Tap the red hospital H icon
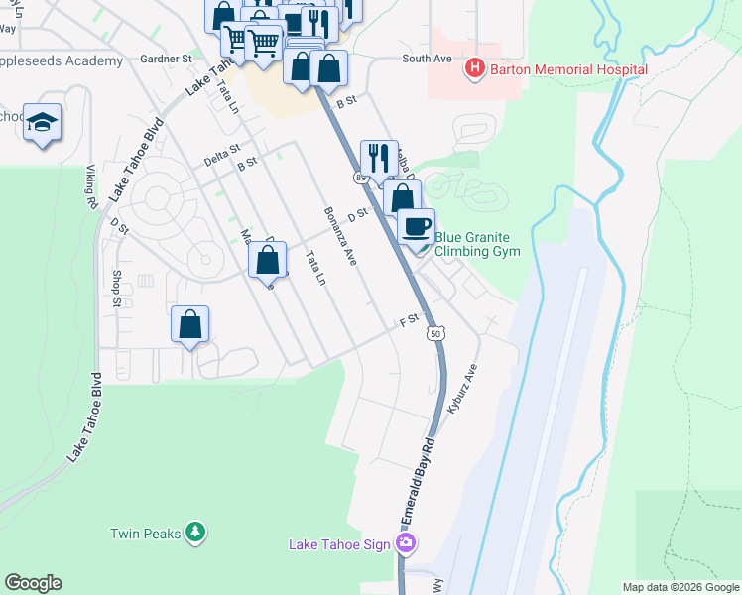pyautogui.click(x=474, y=68)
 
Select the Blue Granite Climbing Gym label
pyautogui.click(x=477, y=244)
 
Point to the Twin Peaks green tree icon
pyautogui.click(x=196, y=533)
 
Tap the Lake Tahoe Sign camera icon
pyautogui.click(x=405, y=543)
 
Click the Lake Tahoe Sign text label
pyautogui.click(x=337, y=544)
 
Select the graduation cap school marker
pyautogui.click(x=43, y=122)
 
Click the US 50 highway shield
pyautogui.click(x=436, y=333)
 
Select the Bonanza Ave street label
pyautogui.click(x=338, y=235)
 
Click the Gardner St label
pyautogui.click(x=167, y=59)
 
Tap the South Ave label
pyautogui.click(x=427, y=59)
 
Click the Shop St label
pyautogui.click(x=116, y=287)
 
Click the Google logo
pyautogui.click(x=33, y=583)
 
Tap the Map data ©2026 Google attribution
pyautogui.click(x=680, y=587)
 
